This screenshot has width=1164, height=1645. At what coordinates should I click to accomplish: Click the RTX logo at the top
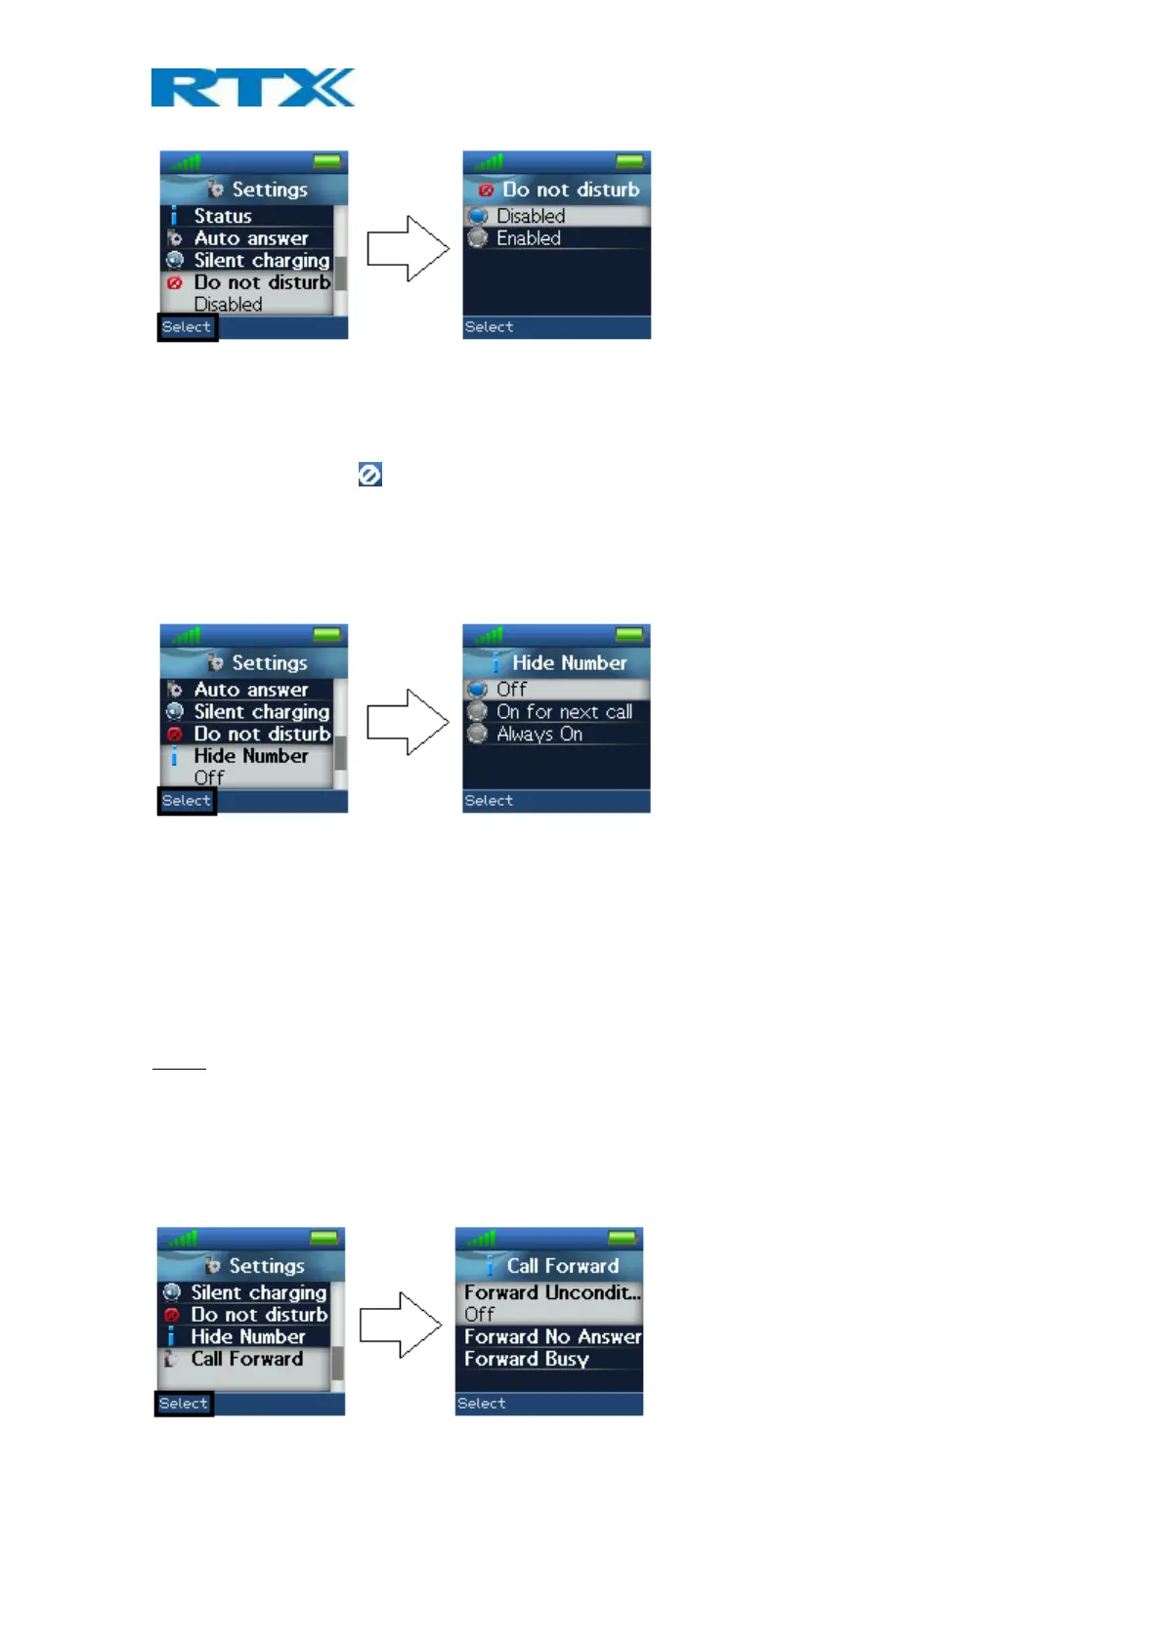point(252,87)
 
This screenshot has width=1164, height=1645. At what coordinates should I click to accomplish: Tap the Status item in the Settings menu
point(223,216)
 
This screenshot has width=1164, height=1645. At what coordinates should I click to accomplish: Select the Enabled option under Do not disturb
point(529,238)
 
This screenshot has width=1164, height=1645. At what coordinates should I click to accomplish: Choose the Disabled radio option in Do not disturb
point(531,216)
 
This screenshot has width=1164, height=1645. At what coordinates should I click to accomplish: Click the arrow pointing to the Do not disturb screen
point(408,249)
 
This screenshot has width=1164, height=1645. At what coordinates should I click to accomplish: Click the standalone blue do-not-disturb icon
point(369,475)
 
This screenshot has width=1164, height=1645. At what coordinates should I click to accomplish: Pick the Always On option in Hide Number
point(539,735)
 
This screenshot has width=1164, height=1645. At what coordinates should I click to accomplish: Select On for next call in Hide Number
point(564,712)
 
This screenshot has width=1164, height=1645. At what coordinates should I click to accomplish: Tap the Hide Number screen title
point(569,663)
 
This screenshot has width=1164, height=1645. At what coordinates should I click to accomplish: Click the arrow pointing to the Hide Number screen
point(408,722)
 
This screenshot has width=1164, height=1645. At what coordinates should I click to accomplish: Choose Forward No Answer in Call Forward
point(552,1337)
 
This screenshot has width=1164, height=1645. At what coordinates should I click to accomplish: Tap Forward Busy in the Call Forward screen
point(527,1360)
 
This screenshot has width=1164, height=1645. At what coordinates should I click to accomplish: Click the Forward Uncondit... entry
point(552,1293)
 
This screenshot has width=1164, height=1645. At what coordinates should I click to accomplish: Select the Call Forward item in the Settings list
point(246,1360)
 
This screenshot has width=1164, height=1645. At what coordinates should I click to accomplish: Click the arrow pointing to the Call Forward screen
point(401,1325)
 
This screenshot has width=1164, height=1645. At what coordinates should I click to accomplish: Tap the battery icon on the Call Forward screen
point(622,1239)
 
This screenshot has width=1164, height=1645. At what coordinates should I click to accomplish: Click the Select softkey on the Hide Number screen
point(489,801)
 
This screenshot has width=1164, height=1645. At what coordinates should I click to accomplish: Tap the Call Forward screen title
point(562,1266)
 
